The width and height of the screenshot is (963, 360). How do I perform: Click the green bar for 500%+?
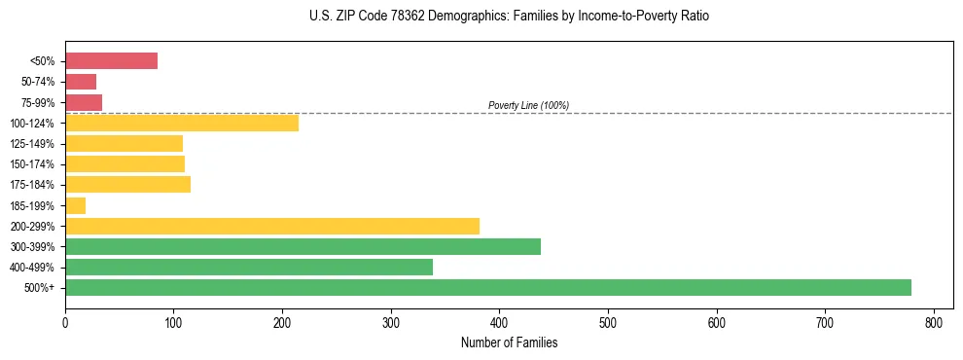[487, 287]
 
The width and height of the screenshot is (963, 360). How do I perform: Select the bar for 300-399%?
[303, 246]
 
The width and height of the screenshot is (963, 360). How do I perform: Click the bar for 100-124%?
[181, 123]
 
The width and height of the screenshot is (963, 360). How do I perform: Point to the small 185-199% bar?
[75, 205]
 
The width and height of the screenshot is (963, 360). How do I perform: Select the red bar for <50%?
[111, 60]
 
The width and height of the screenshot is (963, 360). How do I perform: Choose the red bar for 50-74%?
[81, 81]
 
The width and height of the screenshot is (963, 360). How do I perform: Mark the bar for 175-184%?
[127, 184]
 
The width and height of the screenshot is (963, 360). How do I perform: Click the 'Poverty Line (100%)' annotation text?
[528, 105]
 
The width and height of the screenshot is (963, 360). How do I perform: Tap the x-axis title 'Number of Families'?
[509, 342]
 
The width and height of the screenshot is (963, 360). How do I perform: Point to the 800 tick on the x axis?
[934, 323]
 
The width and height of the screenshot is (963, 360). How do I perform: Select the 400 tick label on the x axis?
[499, 323]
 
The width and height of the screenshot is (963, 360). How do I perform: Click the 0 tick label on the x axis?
[65, 323]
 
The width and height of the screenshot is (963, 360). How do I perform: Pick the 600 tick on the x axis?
[717, 323]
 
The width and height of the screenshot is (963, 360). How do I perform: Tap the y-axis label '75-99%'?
[39, 102]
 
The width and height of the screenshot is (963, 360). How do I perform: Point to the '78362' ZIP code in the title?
[405, 17]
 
